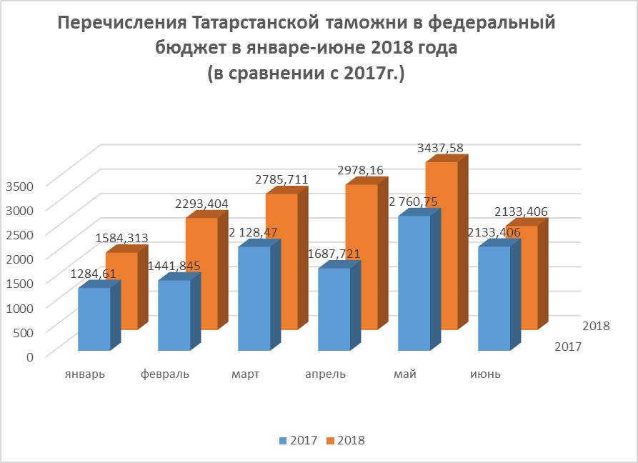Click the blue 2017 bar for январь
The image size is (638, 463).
pos(94,319)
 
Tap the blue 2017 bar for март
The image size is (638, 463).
pos(254,299)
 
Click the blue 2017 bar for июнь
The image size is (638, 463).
pos(494,299)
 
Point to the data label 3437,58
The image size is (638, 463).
pos(439,148)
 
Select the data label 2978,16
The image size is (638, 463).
pos(359,171)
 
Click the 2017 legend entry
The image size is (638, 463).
pos(299,440)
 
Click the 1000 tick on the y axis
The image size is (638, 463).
pos(20,307)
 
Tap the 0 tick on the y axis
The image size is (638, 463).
pos(29,355)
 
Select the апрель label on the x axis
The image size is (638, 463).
pos(325,374)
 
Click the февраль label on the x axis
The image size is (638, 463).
pos(165,374)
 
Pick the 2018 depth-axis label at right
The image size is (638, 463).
pos(596,326)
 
